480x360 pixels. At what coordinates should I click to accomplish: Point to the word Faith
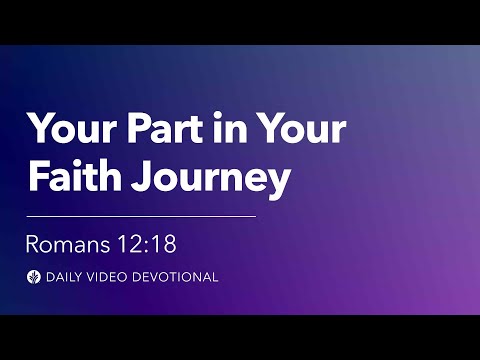coord(69,179)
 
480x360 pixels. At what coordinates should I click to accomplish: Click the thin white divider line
coord(141,215)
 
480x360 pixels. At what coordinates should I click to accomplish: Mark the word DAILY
coord(65,277)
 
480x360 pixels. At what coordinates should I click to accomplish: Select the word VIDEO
coord(112,277)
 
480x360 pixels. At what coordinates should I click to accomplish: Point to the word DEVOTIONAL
coord(178,277)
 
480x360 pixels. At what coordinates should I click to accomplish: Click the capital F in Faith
coord(37,179)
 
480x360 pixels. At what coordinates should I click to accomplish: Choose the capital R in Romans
coord(33,243)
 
